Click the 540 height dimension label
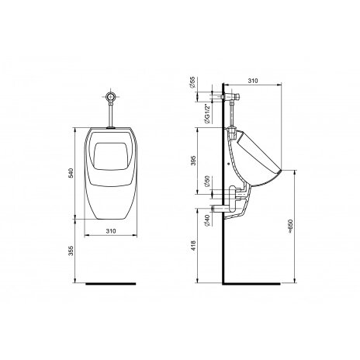(71, 173)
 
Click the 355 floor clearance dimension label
(71, 251)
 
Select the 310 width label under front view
(111, 231)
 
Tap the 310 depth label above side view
(253, 81)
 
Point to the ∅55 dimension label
(192, 82)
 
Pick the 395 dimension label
(194, 161)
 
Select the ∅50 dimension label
(206, 182)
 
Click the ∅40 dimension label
(206, 220)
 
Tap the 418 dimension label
(193, 245)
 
